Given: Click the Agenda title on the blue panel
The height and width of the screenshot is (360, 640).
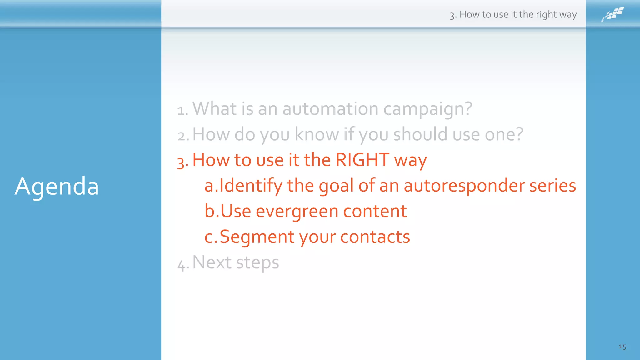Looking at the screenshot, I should coord(57,186).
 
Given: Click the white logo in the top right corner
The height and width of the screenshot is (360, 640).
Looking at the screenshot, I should coord(612,14).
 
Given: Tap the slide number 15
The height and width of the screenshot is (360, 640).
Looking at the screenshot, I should coord(622,347).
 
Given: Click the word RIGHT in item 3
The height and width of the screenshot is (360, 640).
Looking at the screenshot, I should coord(362,160).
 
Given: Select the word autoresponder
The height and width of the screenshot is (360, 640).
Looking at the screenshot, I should coord(464,185).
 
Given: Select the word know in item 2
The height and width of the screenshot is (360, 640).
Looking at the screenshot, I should coord(317,134).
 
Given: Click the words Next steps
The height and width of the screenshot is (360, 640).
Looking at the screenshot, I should coord(236,262).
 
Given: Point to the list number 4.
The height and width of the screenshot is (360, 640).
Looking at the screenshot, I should coord(182,265).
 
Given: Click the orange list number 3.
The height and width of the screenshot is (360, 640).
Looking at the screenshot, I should coord(182,162).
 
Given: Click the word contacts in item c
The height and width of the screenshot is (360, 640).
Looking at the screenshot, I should coord(375,237).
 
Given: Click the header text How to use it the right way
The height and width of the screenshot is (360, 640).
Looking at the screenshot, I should coord(518,14).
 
